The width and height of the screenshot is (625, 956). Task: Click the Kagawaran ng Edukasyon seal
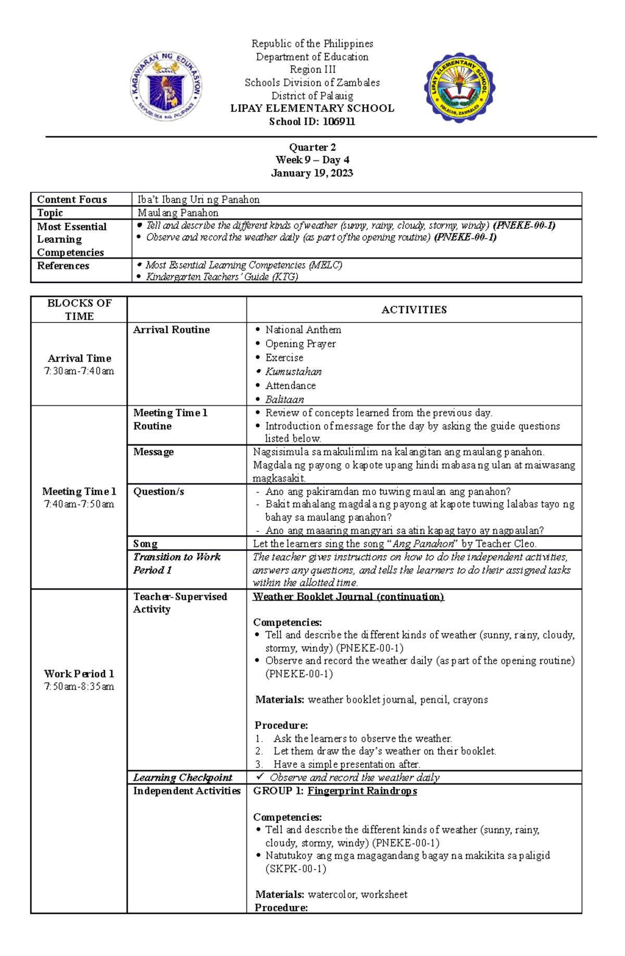click(x=166, y=86)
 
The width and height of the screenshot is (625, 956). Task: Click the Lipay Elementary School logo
click(x=459, y=88)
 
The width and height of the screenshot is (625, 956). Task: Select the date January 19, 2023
click(x=312, y=173)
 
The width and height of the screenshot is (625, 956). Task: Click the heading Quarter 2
click(x=312, y=147)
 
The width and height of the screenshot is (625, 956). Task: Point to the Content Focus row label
click(x=72, y=200)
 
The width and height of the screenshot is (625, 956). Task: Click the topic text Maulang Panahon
click(x=178, y=213)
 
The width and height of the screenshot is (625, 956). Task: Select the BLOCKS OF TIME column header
click(x=79, y=309)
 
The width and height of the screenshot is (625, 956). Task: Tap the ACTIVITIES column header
click(x=414, y=310)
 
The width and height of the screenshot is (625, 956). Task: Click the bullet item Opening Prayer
click(x=300, y=344)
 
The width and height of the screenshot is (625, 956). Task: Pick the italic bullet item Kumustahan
click(x=293, y=371)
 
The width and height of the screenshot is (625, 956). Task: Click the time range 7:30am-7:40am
click(x=79, y=371)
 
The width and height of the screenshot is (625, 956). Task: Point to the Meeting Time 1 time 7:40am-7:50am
click(x=79, y=504)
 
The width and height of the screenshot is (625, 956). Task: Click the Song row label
click(x=145, y=543)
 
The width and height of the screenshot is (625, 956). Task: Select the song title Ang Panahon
click(x=423, y=543)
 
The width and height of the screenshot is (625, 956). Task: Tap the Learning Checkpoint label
click(x=182, y=777)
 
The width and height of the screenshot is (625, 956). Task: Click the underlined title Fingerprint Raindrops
click(x=362, y=791)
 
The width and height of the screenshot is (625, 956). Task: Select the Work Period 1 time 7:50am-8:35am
click(x=79, y=686)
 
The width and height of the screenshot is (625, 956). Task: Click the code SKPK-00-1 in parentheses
click(x=296, y=868)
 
